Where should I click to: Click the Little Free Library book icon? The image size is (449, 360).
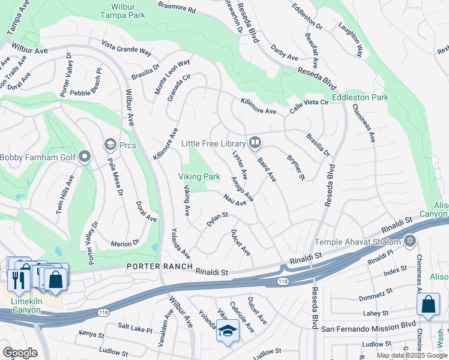(255, 143)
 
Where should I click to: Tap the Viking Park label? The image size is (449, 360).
(199, 176)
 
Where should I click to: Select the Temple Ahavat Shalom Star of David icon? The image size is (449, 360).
(410, 242)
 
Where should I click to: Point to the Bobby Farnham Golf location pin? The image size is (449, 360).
(85, 157)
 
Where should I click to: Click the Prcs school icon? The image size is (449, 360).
(110, 145)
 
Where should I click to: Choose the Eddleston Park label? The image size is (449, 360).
(360, 97)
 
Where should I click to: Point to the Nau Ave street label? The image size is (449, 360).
(235, 200)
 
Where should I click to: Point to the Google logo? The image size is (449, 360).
(20, 352)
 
